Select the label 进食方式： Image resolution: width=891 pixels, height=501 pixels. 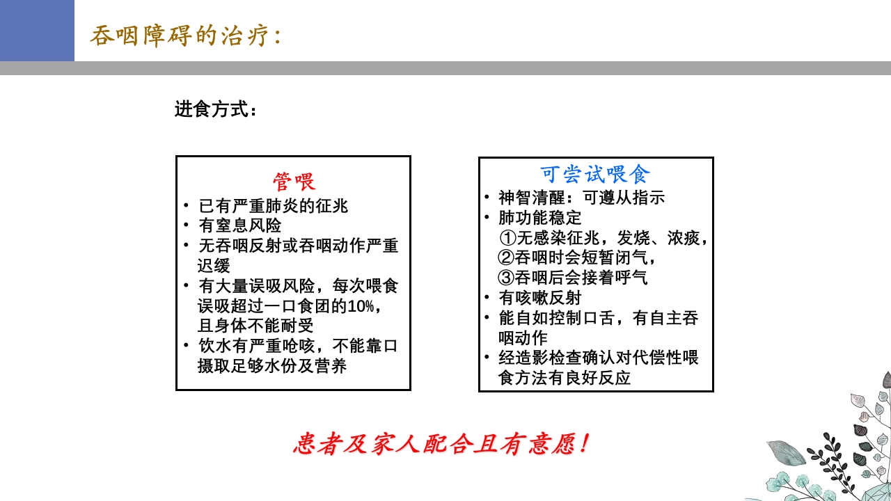[x=216, y=110]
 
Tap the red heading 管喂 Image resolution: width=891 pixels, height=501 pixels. [x=294, y=182]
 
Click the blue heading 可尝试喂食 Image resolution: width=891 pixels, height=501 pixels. [x=595, y=175]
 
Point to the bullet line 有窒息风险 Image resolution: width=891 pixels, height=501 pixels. [x=240, y=225]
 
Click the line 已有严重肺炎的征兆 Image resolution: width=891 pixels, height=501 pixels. [x=273, y=206]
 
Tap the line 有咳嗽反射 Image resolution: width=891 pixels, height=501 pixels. [x=539, y=298]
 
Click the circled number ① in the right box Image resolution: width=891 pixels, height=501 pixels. [x=507, y=238]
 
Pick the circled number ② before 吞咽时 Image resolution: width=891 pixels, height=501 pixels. [x=507, y=257]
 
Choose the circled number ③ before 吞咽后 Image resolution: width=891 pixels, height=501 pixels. [x=507, y=278]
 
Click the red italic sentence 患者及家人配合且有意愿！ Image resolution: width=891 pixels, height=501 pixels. [x=443, y=444]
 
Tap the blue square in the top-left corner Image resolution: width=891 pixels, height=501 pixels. [x=37, y=31]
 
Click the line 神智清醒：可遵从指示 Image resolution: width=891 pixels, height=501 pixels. [x=581, y=198]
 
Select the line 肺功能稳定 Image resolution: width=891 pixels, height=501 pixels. [x=539, y=218]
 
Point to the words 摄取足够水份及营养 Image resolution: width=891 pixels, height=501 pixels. [x=272, y=366]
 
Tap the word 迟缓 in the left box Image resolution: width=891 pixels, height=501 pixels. [x=214, y=266]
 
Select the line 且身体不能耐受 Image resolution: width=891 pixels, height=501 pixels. [x=255, y=326]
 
